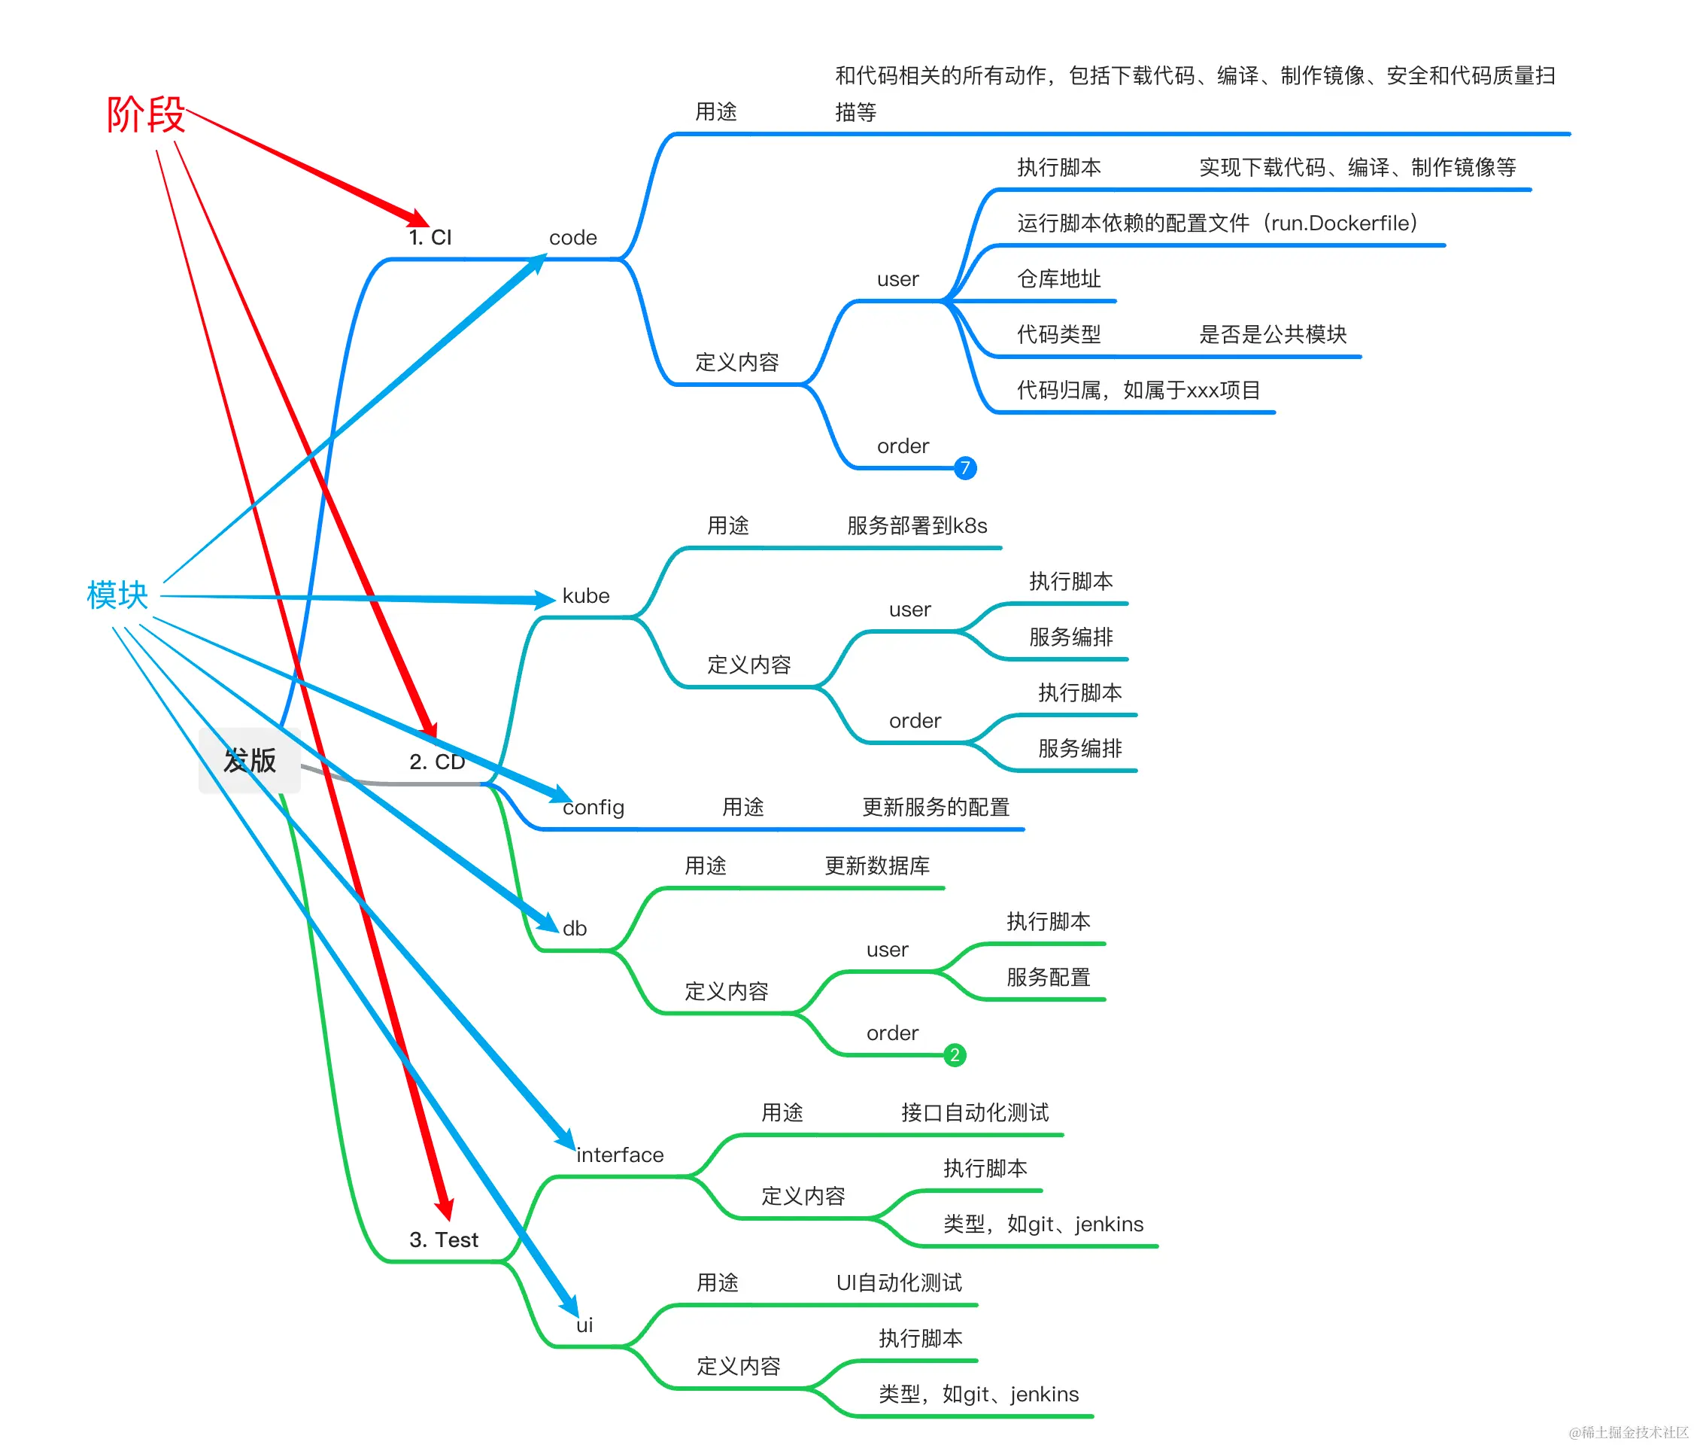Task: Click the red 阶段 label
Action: tap(145, 114)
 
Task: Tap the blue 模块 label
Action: tap(117, 595)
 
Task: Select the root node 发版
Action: tap(249, 761)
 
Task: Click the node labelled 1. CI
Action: tap(430, 237)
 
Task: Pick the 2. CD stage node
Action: tap(436, 762)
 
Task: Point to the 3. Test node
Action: tap(443, 1240)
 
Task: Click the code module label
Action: tap(572, 237)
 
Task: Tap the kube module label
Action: tap(585, 595)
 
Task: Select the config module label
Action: tap(594, 808)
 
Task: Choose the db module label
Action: tap(574, 928)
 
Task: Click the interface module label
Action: tap(620, 1154)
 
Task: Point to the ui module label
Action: tap(584, 1325)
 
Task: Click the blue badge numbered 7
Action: tap(965, 468)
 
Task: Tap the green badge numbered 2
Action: tap(954, 1055)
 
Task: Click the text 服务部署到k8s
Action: tap(916, 526)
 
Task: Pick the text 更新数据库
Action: tap(876, 866)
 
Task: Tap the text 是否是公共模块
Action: tap(1272, 334)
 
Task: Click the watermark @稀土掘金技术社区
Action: tap(1628, 1432)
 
